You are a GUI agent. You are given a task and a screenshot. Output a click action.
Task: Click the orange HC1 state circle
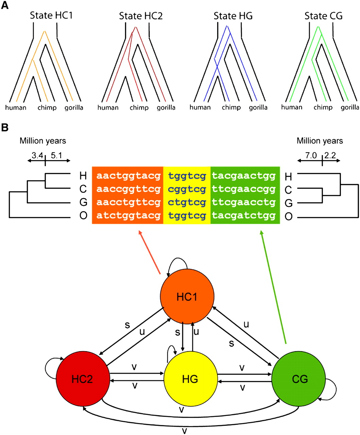pyautogui.click(x=187, y=297)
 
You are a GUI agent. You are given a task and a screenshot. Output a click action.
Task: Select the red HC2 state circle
pyautogui.click(x=83, y=379)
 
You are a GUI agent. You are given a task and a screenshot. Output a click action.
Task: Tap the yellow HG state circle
pyautogui.click(x=190, y=379)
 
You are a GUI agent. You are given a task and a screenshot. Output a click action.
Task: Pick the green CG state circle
pyautogui.click(x=299, y=379)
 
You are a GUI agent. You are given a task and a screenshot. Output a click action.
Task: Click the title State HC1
pyautogui.click(x=51, y=15)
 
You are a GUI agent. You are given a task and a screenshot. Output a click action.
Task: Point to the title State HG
pyautogui.click(x=233, y=16)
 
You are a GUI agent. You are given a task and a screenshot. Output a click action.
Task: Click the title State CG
pyautogui.click(x=323, y=16)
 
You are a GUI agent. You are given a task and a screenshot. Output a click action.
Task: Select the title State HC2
pyautogui.click(x=141, y=16)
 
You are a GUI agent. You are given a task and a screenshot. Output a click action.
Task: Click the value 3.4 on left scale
pyautogui.click(x=38, y=156)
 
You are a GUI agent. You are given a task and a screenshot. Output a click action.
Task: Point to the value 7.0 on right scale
pyautogui.click(x=311, y=156)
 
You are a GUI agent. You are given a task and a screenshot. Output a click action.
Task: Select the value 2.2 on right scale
pyautogui.click(x=330, y=156)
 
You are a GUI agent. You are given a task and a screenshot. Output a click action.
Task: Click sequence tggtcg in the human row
pyautogui.click(x=187, y=176)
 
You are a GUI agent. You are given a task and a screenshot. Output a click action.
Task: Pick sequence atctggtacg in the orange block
pyautogui.click(x=128, y=216)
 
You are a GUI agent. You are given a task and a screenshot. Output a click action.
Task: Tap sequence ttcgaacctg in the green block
pyautogui.click(x=244, y=203)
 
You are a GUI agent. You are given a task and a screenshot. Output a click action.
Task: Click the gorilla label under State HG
pyautogui.click(x=258, y=107)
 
